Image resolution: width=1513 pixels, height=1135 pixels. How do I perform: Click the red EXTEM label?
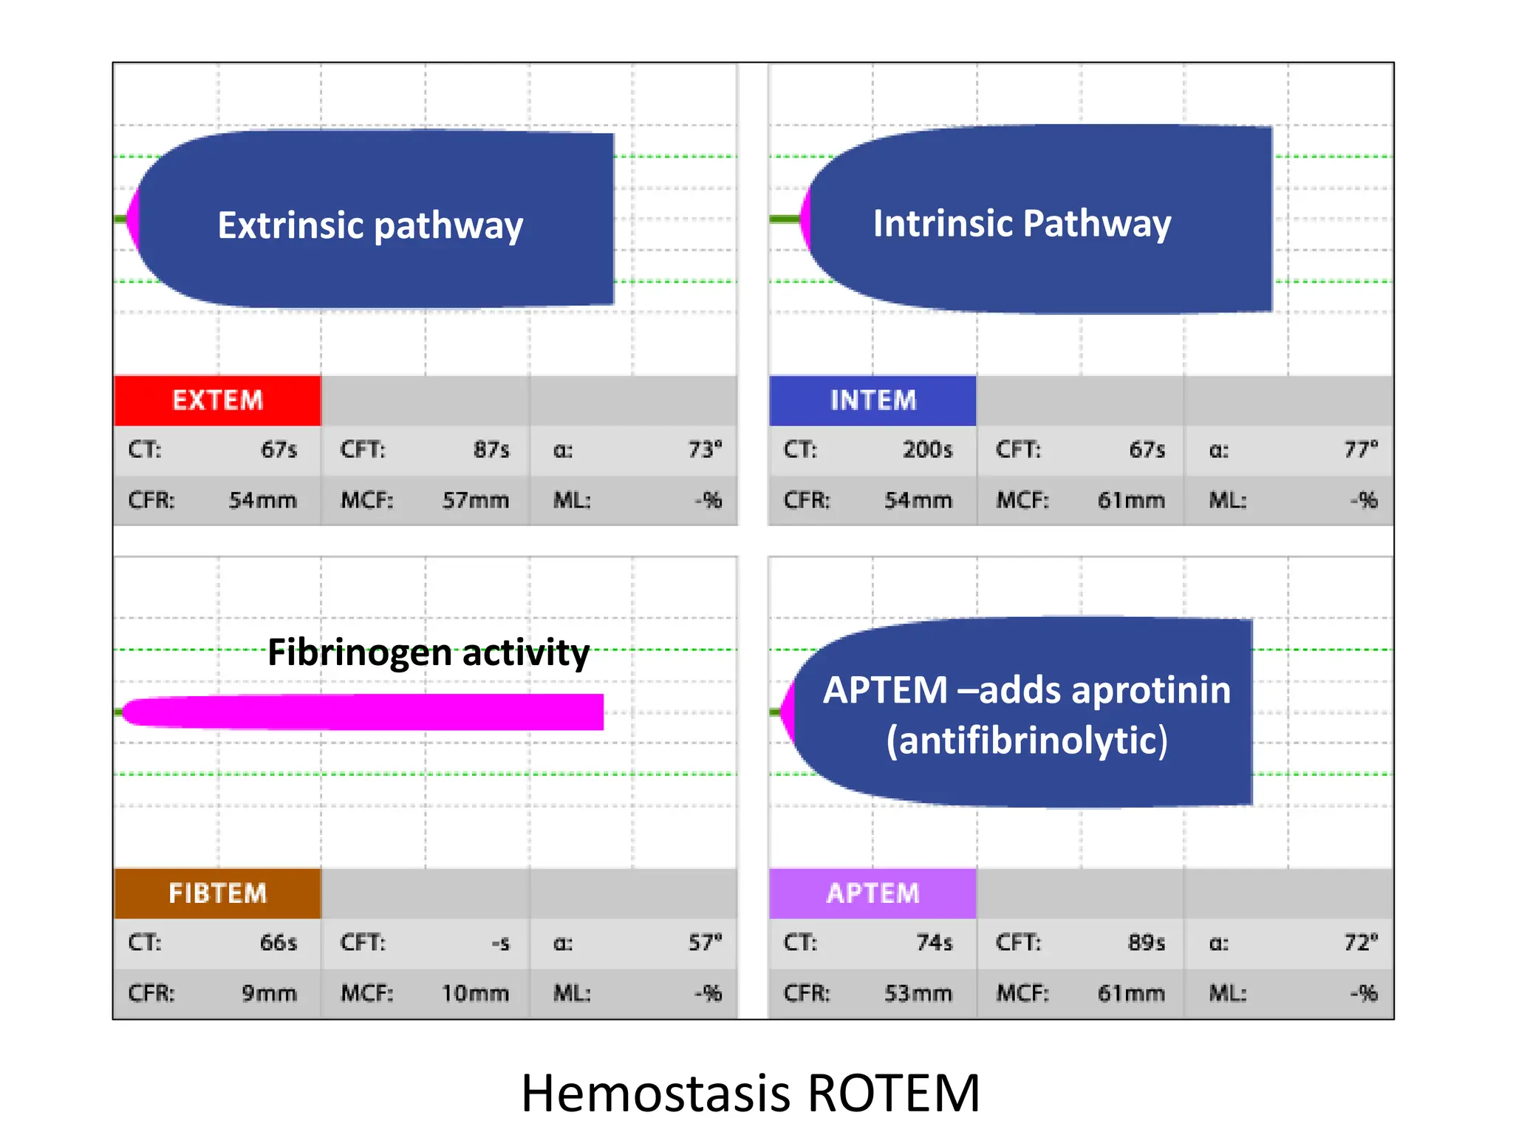click(217, 401)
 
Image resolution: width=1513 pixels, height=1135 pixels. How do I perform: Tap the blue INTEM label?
click(872, 401)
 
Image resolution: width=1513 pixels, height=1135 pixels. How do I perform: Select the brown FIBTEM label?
click(217, 893)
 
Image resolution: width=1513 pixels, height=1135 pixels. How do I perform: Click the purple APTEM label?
click(872, 893)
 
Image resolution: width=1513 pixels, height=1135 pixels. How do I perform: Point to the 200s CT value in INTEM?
click(927, 449)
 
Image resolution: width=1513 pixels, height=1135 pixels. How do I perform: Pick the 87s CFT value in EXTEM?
click(491, 449)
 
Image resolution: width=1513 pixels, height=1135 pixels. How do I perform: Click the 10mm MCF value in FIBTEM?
click(475, 993)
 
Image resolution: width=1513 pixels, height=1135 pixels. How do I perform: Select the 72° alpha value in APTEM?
click(1361, 943)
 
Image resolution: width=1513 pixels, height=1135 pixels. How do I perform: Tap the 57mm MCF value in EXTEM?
click(475, 500)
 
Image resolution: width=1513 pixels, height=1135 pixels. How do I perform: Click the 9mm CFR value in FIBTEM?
click(269, 993)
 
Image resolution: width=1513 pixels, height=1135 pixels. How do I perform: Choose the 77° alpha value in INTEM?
click(1361, 449)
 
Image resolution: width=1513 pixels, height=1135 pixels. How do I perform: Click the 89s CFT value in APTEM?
click(1147, 943)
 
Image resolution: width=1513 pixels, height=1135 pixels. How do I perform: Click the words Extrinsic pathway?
click(370, 225)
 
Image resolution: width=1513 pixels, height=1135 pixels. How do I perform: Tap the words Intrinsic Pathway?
click(1022, 223)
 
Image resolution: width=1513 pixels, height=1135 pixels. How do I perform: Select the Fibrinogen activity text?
click(428, 652)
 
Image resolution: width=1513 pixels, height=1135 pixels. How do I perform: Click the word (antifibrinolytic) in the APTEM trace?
click(1027, 740)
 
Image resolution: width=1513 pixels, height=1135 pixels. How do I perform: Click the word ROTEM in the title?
click(893, 1093)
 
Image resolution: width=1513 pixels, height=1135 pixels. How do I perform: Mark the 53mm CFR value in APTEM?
click(918, 993)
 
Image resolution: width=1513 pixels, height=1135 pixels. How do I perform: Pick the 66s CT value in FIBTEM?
click(279, 943)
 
